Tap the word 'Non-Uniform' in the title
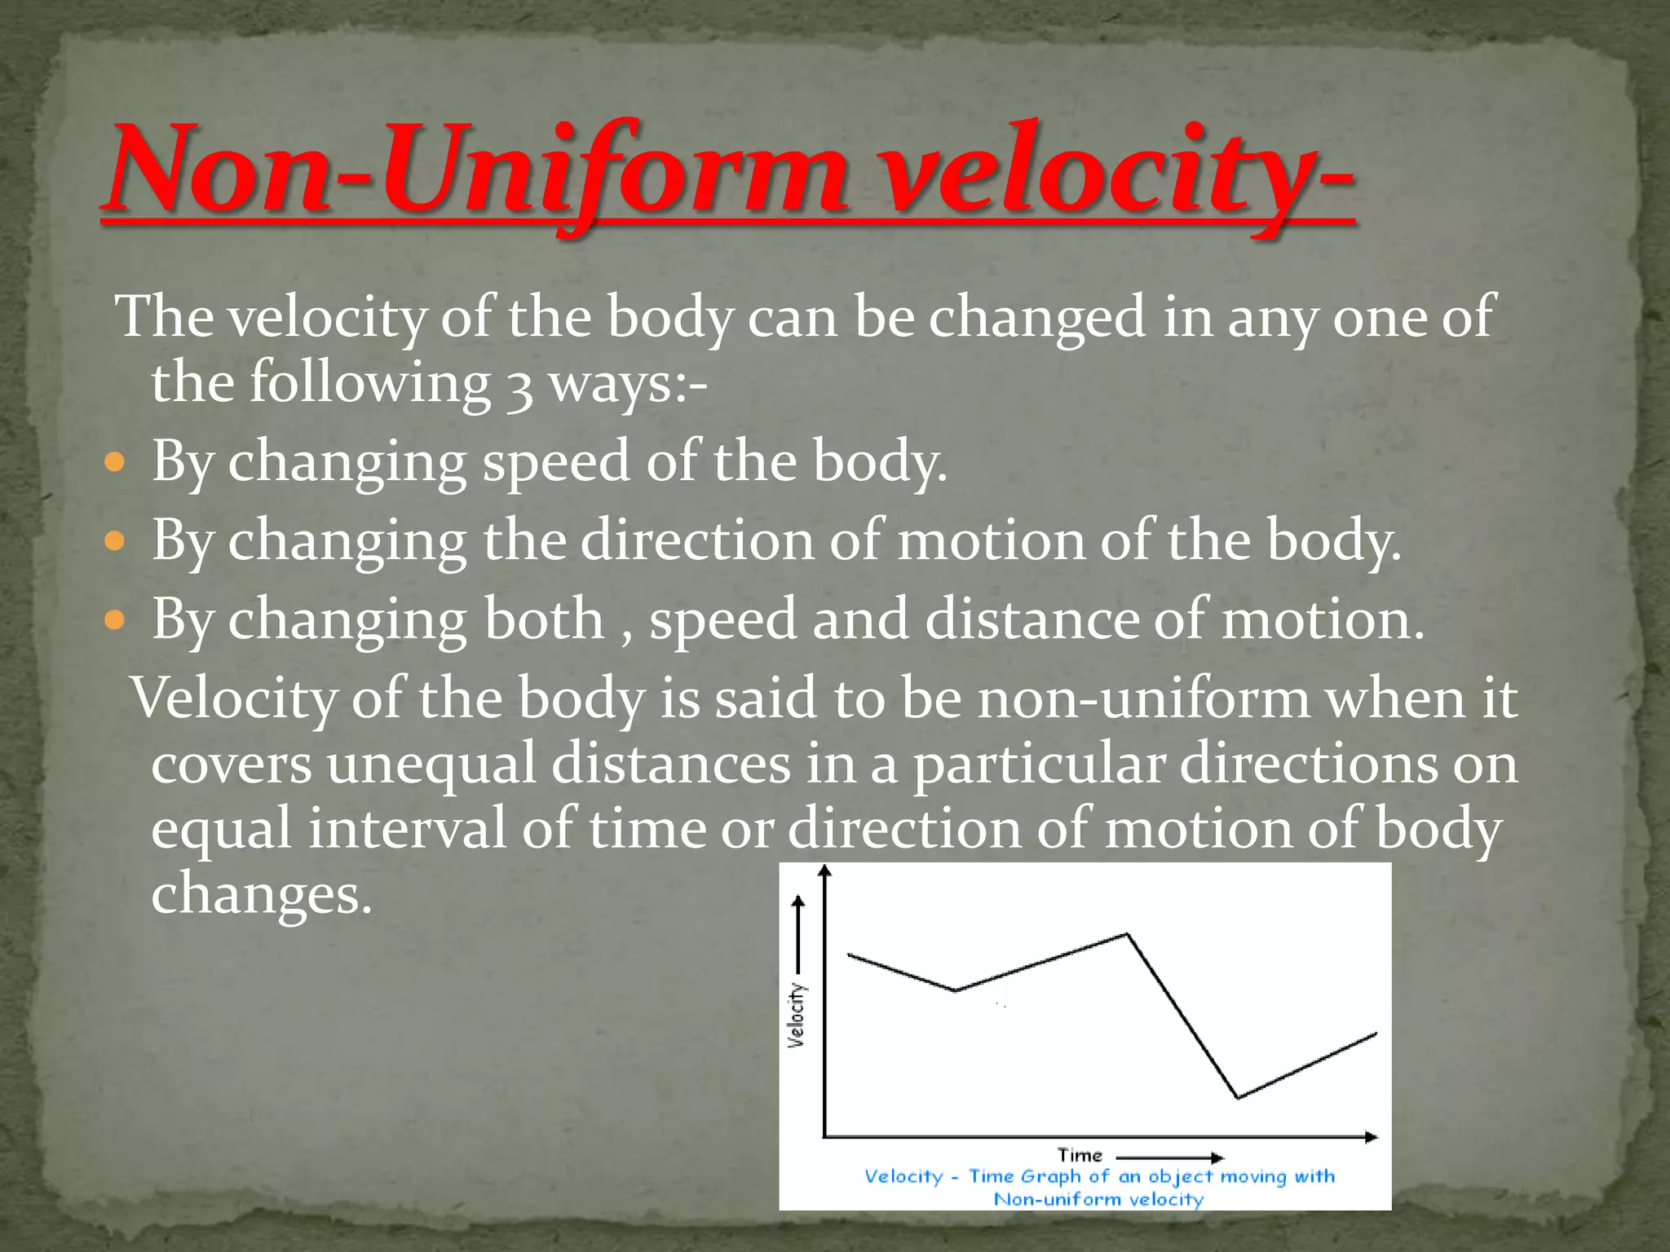click(x=477, y=173)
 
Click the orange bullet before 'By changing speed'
click(x=116, y=464)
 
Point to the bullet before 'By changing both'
click(x=116, y=620)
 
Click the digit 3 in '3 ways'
click(x=519, y=386)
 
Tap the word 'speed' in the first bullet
click(x=556, y=462)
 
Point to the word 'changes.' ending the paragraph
click(x=261, y=894)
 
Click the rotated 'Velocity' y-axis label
click(x=797, y=1015)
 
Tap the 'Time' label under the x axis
click(x=1080, y=1155)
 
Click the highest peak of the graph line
click(x=1127, y=934)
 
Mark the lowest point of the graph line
click(x=1238, y=1097)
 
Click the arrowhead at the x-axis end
click(x=1372, y=1136)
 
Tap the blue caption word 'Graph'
click(x=1050, y=1176)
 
